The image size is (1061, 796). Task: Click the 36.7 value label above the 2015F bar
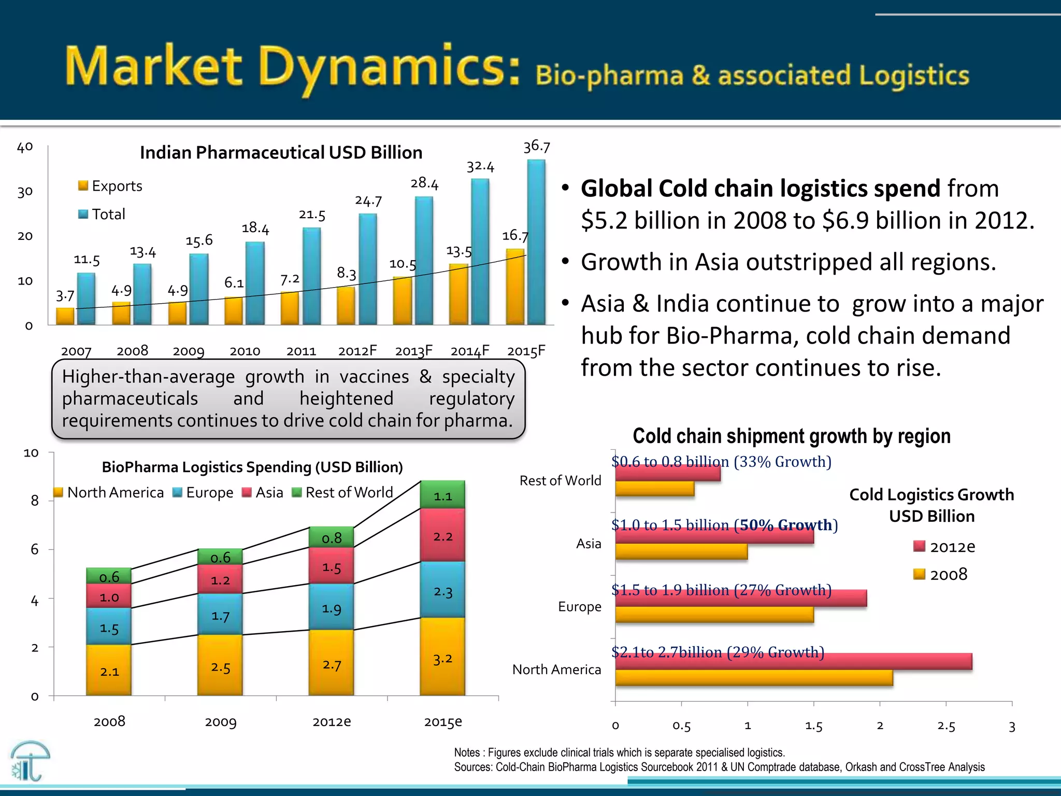pos(536,147)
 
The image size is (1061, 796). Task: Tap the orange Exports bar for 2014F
pos(458,294)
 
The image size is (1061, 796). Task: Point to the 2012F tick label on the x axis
pos(357,351)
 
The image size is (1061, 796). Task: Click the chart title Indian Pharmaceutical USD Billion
pos(281,153)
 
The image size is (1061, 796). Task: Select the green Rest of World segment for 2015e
pos(442,495)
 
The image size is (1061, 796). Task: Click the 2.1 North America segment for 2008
pos(109,670)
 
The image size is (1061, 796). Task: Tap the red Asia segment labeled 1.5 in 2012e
pos(331,566)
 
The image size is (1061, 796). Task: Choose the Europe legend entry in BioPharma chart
pos(203,492)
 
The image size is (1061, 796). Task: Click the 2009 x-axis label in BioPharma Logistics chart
pos(220,722)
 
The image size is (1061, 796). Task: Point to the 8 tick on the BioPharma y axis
pos(35,501)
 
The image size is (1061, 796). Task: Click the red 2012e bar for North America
pos(793,661)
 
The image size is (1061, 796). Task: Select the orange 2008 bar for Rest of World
pos(654,489)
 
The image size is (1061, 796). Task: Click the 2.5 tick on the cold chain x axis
pos(945,726)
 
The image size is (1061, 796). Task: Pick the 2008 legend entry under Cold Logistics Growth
pos(940,574)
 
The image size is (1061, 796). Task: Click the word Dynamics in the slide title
pos(389,67)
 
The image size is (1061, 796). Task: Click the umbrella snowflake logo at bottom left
pos(30,761)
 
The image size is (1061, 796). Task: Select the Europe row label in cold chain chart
pos(579,607)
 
